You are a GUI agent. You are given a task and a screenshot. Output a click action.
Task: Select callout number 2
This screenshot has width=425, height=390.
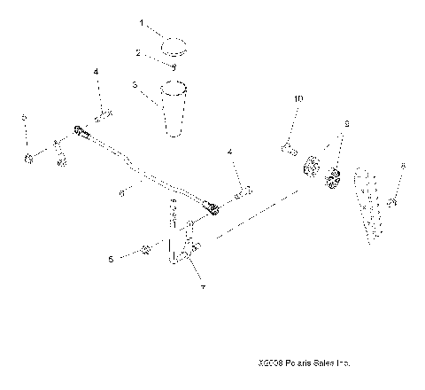[x=139, y=54]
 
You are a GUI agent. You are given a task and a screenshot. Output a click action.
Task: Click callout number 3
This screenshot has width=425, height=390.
[x=134, y=86]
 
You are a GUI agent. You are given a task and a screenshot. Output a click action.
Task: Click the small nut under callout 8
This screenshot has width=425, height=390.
[x=397, y=205]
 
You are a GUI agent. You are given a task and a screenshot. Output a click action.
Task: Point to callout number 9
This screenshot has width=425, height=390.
[x=347, y=124]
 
